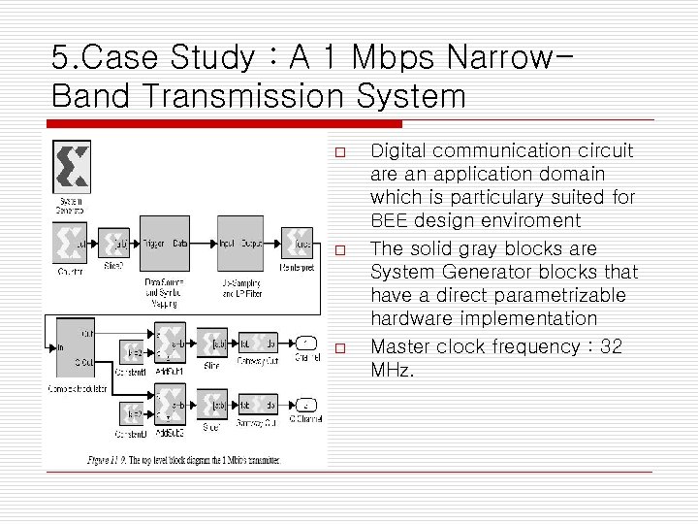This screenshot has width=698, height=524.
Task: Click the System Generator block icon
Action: pyautogui.click(x=71, y=167)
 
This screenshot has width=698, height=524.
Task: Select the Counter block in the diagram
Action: pyautogui.click(x=70, y=243)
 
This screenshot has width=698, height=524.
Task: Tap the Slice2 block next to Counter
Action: pyautogui.click(x=115, y=243)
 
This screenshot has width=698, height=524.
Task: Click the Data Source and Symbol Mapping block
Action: pyautogui.click(x=166, y=244)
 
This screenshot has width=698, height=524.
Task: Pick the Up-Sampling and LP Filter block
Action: pyautogui.click(x=239, y=244)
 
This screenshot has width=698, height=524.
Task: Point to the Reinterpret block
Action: pyautogui.click(x=297, y=243)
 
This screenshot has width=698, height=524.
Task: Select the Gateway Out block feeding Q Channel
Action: pyautogui.click(x=258, y=405)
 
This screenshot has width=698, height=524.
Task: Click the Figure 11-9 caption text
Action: pyautogui.click(x=184, y=459)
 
